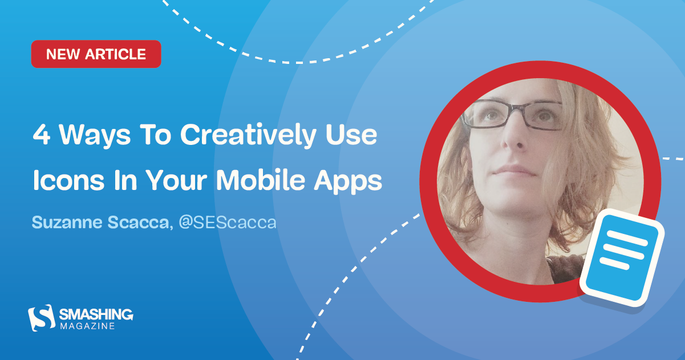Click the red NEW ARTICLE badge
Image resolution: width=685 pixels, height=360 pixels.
(96, 54)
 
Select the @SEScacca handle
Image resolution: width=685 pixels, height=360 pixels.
(227, 223)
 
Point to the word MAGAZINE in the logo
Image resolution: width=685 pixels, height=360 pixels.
(87, 326)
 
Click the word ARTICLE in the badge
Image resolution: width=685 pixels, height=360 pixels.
(118, 54)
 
